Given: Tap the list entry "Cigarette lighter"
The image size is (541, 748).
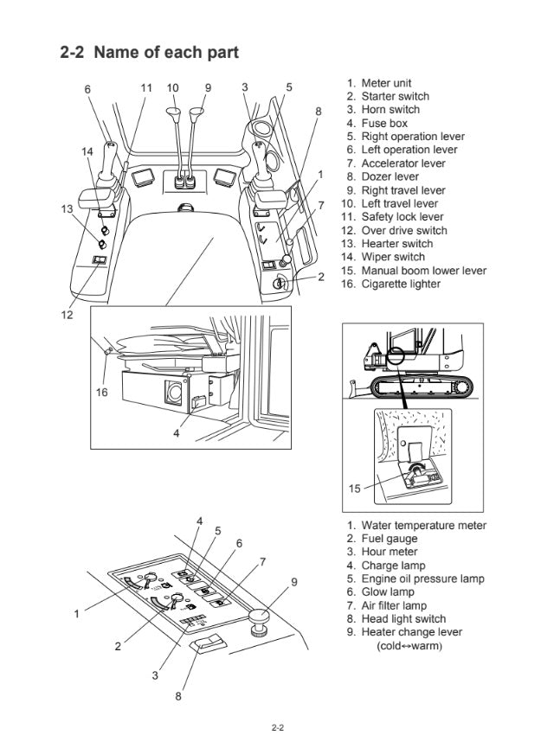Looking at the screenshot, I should [x=400, y=284].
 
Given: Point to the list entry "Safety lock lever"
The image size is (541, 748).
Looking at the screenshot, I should [x=402, y=217].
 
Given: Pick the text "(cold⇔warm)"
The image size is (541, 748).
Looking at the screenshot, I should [x=409, y=646].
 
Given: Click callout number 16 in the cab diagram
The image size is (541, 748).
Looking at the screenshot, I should [x=100, y=392].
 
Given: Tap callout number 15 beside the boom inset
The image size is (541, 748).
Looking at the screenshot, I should [x=355, y=488].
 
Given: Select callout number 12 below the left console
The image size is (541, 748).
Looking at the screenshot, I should [x=67, y=315].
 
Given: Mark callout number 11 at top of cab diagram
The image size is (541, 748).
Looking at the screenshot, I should [x=146, y=87].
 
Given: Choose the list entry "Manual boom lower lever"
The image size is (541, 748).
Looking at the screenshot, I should [x=423, y=271].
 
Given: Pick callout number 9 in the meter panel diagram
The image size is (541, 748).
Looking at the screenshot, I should [x=294, y=582].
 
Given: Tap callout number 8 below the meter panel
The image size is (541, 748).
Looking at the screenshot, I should [x=179, y=697].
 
